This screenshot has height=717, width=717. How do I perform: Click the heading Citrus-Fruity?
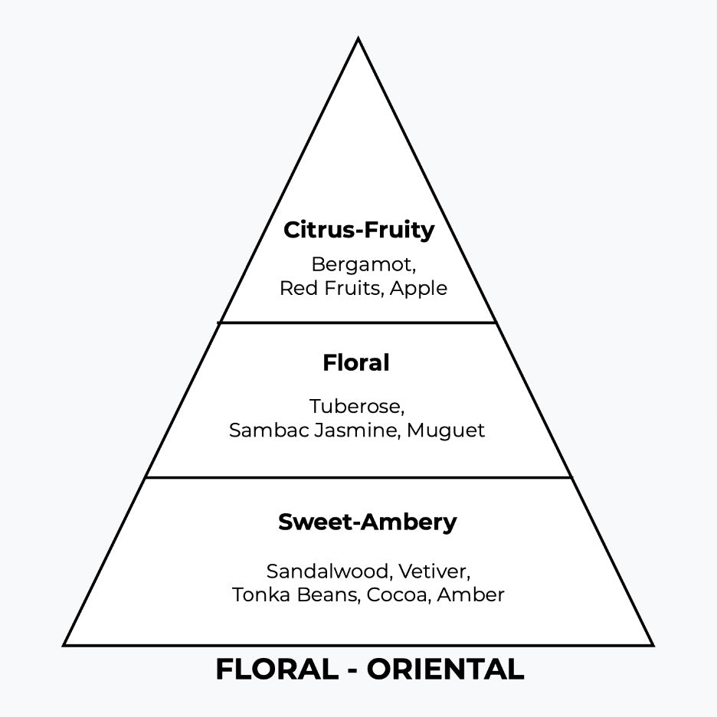358,230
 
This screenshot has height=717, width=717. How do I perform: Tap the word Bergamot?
362,265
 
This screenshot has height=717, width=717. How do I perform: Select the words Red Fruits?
329,289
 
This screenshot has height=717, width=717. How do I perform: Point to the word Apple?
417,289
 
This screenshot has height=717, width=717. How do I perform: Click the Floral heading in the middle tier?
356,363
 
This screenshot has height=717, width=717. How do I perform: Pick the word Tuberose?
356,406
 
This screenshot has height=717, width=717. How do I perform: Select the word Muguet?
446,431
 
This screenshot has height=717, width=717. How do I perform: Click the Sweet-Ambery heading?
367,522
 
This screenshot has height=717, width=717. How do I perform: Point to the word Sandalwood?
329,571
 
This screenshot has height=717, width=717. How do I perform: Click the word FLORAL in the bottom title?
276,670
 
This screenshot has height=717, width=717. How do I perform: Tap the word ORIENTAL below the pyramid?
445,670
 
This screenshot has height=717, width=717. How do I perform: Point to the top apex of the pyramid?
358,38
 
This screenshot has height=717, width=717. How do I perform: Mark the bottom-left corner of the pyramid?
64,644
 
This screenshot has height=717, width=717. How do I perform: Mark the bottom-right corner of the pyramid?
652,644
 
